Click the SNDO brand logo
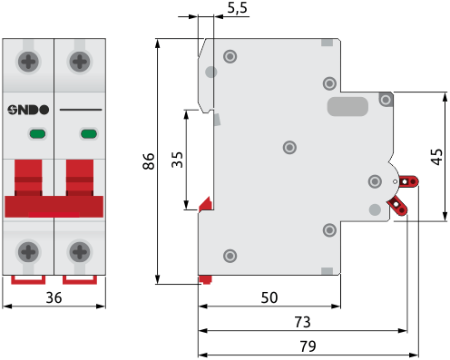(28, 110)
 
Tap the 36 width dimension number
(54, 297)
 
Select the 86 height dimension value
(149, 161)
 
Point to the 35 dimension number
(177, 160)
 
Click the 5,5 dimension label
(238, 8)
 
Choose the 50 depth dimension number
(269, 297)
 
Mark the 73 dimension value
(302, 322)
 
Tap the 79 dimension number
(308, 346)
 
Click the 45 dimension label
(436, 157)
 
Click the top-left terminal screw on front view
(28, 62)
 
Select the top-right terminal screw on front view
(80, 62)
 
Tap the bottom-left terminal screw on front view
(28, 251)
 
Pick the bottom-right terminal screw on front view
(80, 251)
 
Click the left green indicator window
(37, 133)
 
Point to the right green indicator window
(89, 133)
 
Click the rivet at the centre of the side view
(289, 147)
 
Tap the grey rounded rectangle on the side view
(347, 106)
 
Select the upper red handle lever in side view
(409, 181)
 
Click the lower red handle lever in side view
(397, 206)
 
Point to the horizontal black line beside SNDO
(81, 110)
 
